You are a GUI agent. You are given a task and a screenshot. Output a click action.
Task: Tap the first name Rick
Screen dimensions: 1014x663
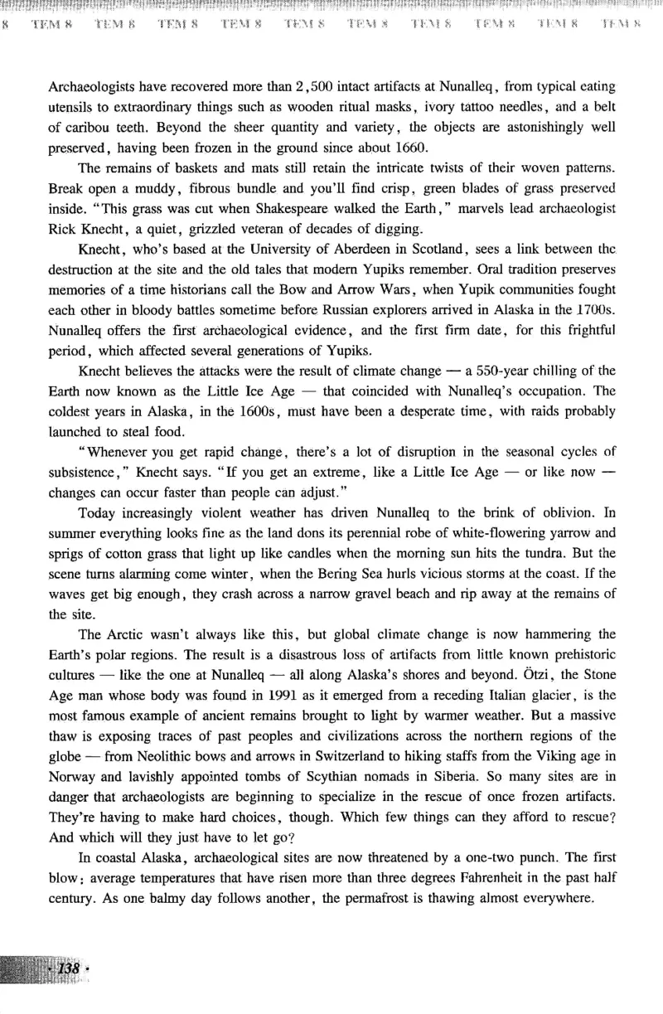coord(63,227)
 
